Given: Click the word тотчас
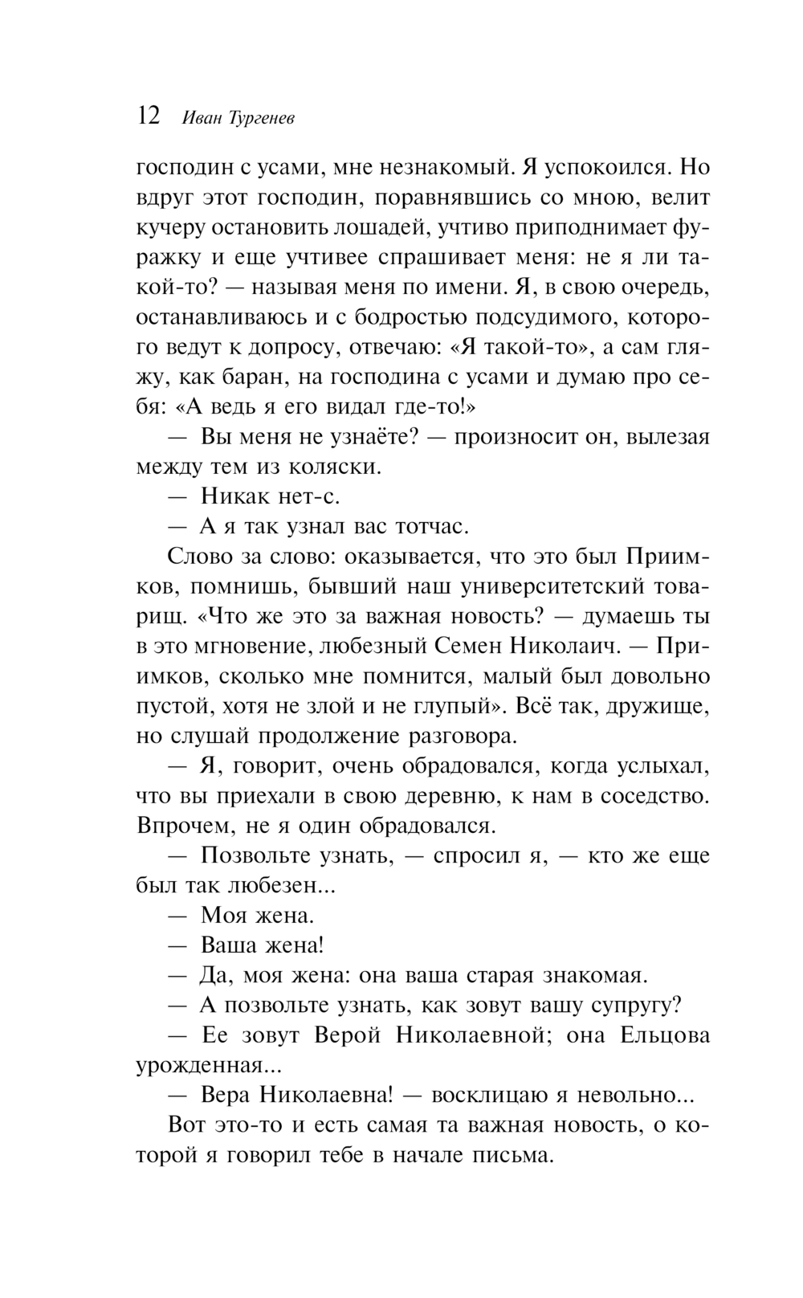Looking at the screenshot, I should [431, 527].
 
